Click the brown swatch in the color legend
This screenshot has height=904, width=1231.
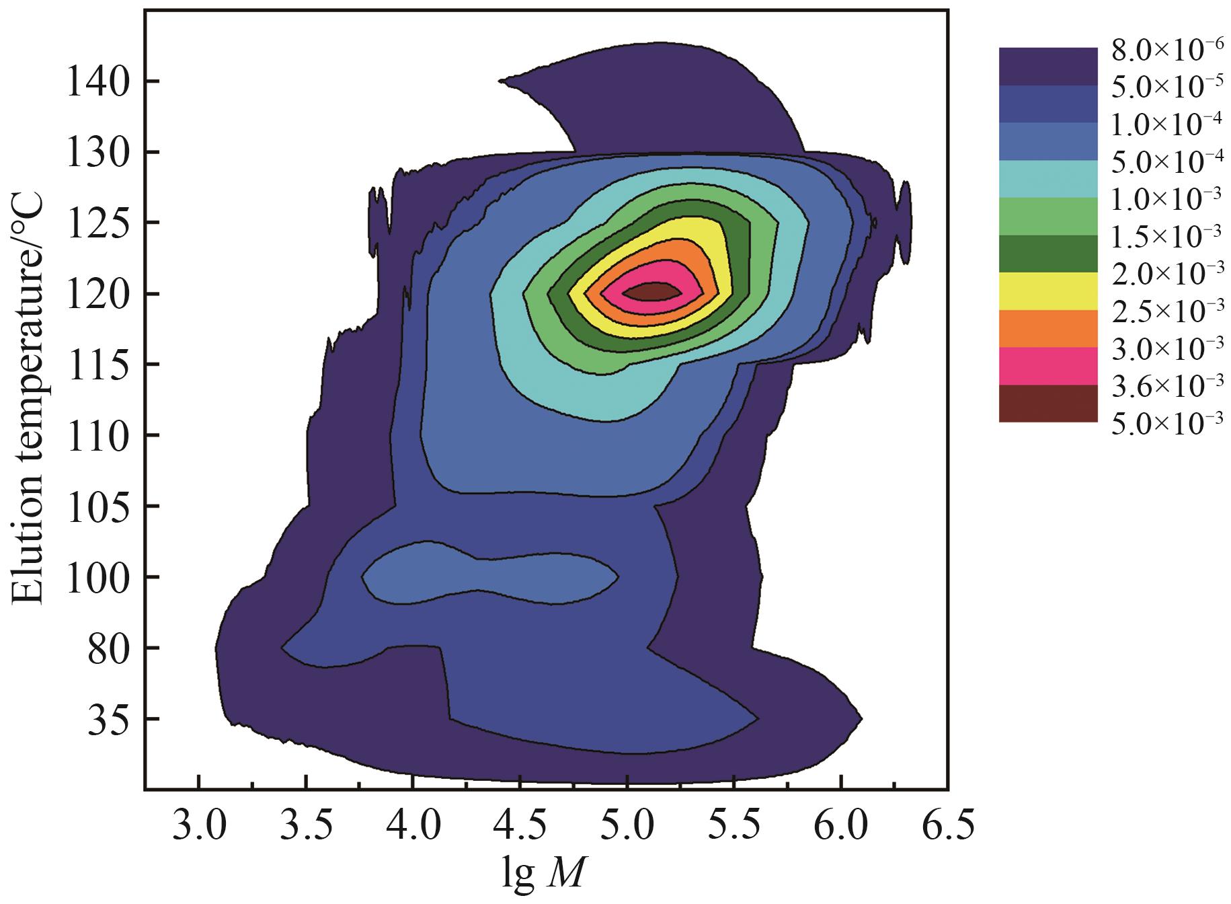coord(1047,404)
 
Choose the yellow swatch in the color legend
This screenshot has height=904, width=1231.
coord(1047,291)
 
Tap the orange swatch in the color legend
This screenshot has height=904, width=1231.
coord(1047,328)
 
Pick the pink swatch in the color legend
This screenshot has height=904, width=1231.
coord(1047,366)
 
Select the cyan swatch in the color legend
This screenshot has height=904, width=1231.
coord(1047,179)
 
